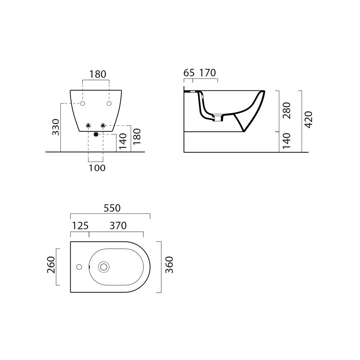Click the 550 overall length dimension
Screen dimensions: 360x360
(x=112, y=208)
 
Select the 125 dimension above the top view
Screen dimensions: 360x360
(x=80, y=226)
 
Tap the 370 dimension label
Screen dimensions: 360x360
(x=118, y=226)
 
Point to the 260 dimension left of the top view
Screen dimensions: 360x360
(x=51, y=265)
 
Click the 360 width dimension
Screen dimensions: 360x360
(x=169, y=265)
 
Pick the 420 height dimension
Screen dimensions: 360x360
(x=309, y=120)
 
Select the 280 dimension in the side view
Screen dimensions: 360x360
(x=287, y=111)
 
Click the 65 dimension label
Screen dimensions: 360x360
(x=189, y=73)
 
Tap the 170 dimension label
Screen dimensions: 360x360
(x=207, y=73)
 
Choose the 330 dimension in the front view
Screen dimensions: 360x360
(x=56, y=127)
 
